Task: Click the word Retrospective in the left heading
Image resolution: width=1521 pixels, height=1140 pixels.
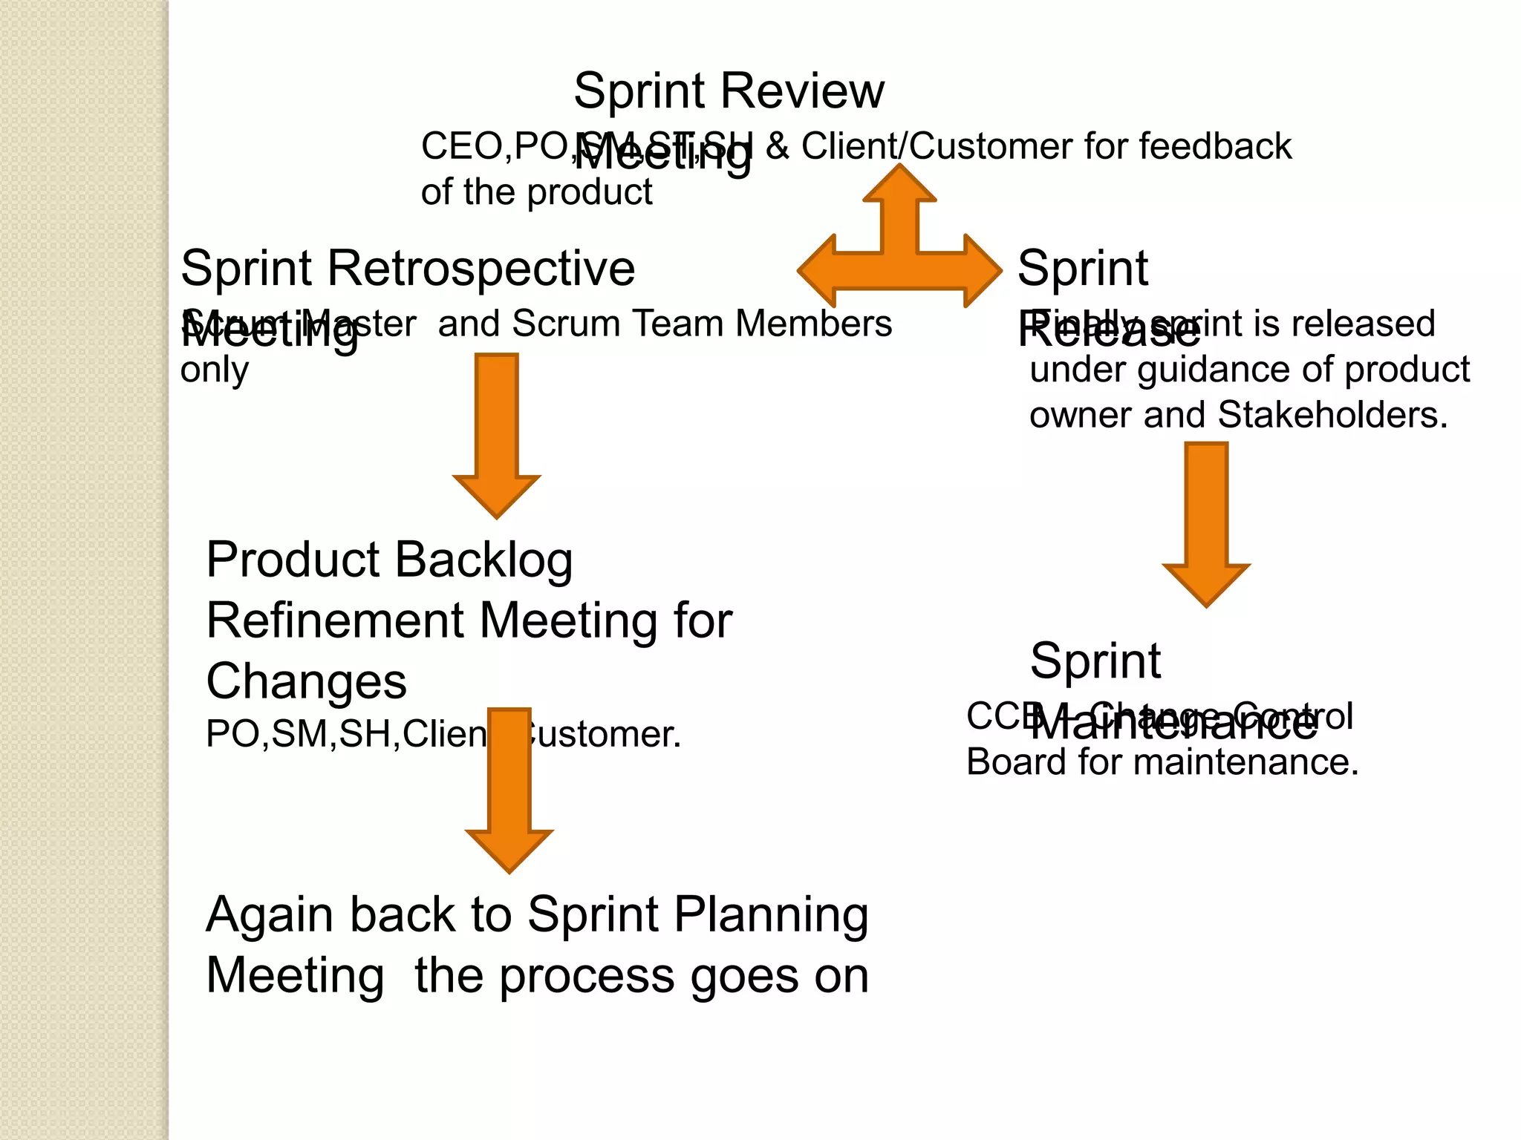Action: coord(481,268)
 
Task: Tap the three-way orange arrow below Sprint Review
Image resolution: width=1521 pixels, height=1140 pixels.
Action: coord(899,252)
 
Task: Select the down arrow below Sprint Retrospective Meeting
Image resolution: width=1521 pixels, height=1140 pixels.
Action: coord(496,433)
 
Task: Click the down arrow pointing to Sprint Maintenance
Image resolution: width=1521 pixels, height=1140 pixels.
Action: coord(1206,522)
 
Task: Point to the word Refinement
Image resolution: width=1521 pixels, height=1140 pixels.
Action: coord(334,620)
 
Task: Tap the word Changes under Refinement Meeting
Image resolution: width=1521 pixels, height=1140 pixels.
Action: coord(306,681)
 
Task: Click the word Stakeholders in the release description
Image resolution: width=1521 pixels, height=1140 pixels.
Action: coord(1332,415)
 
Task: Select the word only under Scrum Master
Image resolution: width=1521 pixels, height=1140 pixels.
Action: coord(214,370)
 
